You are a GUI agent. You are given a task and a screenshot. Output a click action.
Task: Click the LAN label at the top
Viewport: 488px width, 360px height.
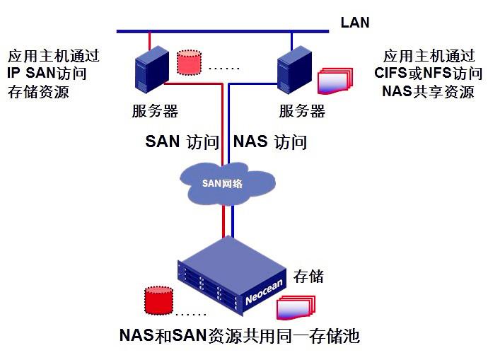354,22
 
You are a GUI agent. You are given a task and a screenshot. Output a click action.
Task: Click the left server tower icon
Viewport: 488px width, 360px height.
151,73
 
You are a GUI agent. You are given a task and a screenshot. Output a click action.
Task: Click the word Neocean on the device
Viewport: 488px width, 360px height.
262,291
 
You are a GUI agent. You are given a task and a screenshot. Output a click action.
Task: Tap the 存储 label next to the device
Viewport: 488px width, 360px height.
308,275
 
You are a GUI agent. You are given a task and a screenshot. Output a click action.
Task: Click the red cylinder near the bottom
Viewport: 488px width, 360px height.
156,301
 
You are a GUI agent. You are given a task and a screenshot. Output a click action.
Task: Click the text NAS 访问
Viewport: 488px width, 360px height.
270,141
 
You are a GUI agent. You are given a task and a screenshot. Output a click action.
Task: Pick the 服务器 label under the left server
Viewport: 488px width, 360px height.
155,111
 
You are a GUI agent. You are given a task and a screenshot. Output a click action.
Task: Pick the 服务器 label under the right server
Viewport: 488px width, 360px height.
302,111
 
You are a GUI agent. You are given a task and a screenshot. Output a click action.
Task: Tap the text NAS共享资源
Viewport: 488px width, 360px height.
428,91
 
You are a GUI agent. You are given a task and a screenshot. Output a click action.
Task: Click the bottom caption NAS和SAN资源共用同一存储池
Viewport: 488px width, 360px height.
240,336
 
